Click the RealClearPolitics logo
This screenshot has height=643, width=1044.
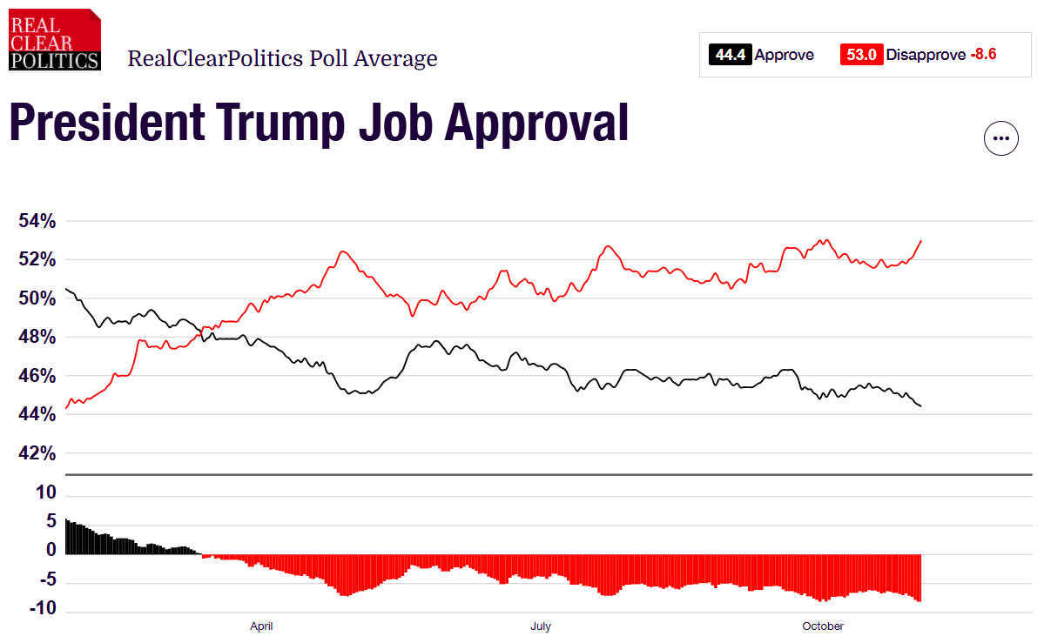point(54,39)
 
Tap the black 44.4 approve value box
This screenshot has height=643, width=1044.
point(730,55)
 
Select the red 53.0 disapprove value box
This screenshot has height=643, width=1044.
point(861,55)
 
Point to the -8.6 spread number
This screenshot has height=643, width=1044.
point(983,55)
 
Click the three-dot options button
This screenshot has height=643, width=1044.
point(1000,138)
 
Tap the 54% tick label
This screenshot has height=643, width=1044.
point(37,221)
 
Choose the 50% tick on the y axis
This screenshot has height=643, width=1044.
point(37,298)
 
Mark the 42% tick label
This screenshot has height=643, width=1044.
point(37,453)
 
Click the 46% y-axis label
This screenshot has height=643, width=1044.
point(37,376)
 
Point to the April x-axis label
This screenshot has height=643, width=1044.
point(262,626)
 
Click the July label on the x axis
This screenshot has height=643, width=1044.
point(540,626)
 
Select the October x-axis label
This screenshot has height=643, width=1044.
point(823,626)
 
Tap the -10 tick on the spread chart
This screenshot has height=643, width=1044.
point(43,608)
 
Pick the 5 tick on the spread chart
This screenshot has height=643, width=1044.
point(51,521)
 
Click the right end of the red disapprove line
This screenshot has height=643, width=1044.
point(921,241)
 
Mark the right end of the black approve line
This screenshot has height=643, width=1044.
point(921,406)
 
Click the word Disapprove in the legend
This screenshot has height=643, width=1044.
point(926,55)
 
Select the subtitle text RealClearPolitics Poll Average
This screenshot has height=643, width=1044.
point(282,59)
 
